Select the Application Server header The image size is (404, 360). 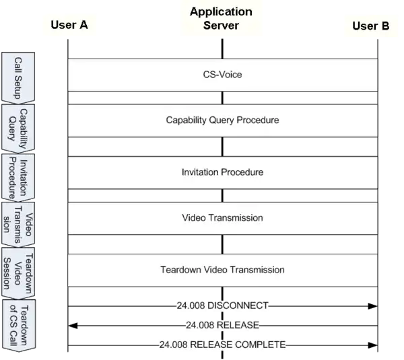(x=221, y=19)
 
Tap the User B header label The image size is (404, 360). (x=370, y=26)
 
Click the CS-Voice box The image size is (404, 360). (x=222, y=75)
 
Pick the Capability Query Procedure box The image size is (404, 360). (x=222, y=120)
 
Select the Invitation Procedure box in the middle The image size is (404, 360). (x=222, y=172)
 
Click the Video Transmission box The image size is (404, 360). (x=222, y=218)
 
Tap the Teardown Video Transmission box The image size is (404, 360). (x=222, y=270)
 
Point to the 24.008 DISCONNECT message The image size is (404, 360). (x=222, y=306)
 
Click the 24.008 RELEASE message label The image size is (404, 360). (x=222, y=326)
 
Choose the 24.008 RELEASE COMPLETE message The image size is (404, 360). (x=222, y=345)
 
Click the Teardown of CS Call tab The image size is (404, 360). (x=19, y=326)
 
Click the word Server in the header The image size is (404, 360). (x=221, y=26)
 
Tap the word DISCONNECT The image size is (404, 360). (x=237, y=306)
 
